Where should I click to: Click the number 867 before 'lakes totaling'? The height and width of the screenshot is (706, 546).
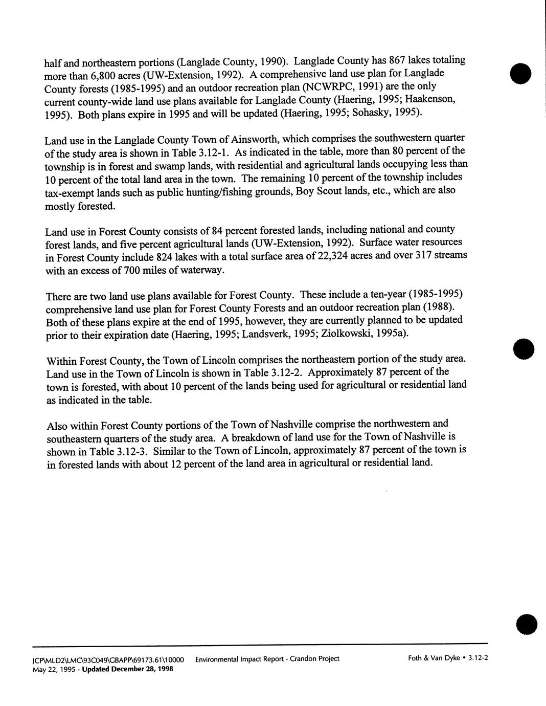(x=398, y=60)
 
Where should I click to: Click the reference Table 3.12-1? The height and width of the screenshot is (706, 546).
(x=203, y=152)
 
